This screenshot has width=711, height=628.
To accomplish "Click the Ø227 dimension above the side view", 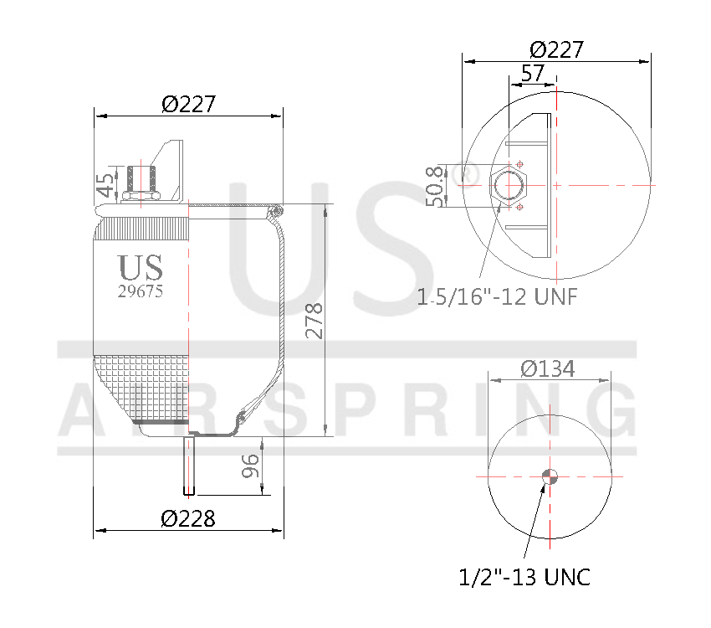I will tap(188, 105).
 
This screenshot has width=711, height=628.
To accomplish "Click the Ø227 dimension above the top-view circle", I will tap(556, 49).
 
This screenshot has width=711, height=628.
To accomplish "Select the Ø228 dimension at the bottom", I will tap(188, 518).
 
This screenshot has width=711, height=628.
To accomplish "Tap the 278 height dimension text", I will tap(314, 320).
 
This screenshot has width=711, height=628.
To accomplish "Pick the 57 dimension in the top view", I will tap(532, 73).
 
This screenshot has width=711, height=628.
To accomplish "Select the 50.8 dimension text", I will tap(433, 185).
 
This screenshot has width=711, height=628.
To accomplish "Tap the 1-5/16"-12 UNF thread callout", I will tap(499, 296).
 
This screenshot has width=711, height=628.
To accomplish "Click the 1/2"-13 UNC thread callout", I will tap(524, 577).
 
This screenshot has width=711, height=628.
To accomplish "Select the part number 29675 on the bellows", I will tap(141, 292).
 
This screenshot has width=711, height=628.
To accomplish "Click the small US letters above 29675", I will tap(141, 268).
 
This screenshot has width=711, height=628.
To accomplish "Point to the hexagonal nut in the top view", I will tap(508, 185).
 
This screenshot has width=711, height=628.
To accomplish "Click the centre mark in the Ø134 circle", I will tap(550, 476).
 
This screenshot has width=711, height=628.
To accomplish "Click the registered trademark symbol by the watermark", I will tap(468, 174).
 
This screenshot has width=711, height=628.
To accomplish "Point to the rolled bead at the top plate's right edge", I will tap(277, 210).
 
